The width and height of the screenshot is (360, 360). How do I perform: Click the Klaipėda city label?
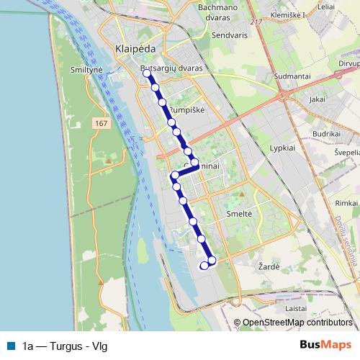132,48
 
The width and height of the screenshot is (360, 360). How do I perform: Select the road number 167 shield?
101,125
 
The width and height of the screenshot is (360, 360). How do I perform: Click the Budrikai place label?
326,134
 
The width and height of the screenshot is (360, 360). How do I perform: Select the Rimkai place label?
337,203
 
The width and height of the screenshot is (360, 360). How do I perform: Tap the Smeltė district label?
239,214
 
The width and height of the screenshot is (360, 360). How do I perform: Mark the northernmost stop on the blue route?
147,73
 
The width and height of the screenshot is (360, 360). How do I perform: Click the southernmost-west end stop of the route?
204,266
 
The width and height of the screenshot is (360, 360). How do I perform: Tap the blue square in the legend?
9,346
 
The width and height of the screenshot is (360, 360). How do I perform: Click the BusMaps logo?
325,345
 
